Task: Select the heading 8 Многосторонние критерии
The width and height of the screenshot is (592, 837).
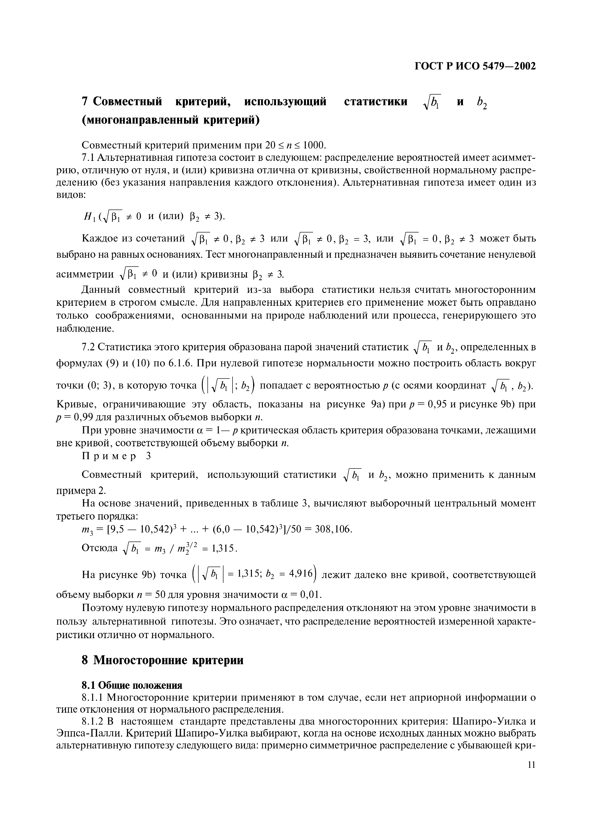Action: point(163,660)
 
